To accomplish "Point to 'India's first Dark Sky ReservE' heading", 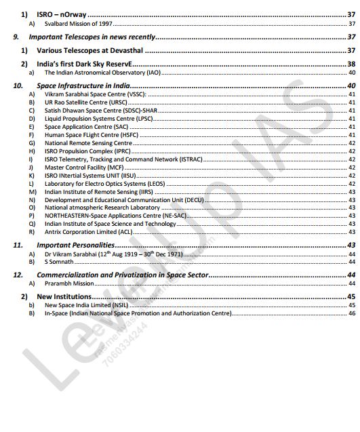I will click(84, 64).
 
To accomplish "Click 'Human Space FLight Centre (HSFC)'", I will click(86, 135).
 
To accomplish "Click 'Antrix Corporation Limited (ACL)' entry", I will click(87, 232).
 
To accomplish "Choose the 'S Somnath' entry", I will click(59, 261).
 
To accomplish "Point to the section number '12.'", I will click(18, 275).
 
